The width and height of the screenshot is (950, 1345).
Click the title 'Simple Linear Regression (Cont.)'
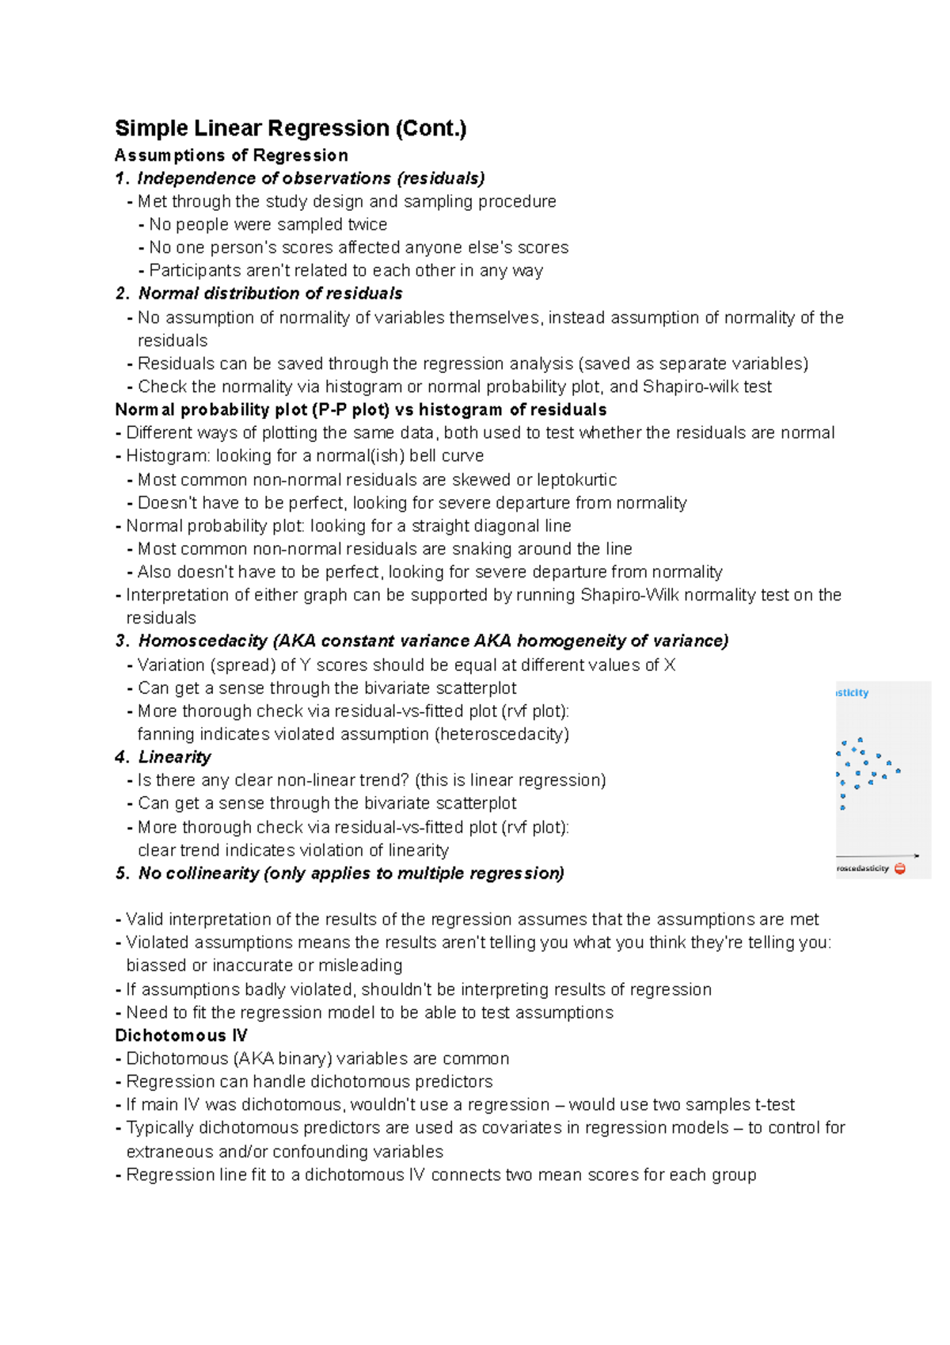click(291, 128)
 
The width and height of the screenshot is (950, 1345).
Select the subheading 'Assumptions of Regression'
click(231, 155)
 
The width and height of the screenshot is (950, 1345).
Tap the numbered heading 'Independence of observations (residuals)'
click(310, 178)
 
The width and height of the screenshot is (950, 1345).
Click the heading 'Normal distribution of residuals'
click(270, 293)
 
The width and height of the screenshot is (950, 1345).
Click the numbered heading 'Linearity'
click(174, 757)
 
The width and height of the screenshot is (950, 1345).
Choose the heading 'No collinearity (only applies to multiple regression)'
click(351, 873)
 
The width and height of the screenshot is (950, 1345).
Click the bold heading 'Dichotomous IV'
click(181, 1035)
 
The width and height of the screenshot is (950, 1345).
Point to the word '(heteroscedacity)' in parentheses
click(501, 734)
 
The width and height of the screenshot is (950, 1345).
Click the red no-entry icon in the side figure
click(900, 869)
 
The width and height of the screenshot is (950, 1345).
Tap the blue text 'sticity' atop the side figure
click(853, 693)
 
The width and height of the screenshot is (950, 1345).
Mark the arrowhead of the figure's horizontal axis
click(916, 855)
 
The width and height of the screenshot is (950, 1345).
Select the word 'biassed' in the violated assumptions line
click(155, 966)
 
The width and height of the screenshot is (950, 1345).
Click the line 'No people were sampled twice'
click(268, 225)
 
